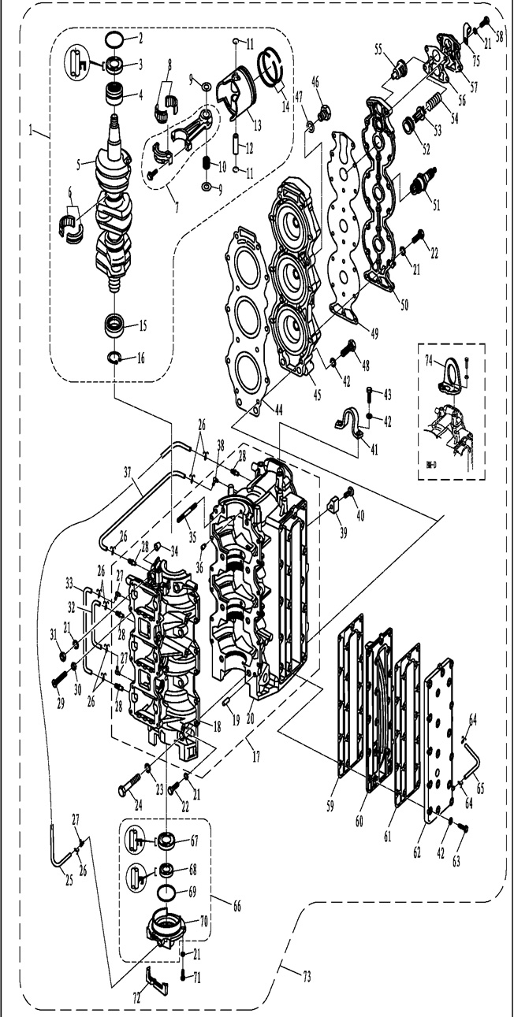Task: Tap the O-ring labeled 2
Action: pyautogui.click(x=114, y=39)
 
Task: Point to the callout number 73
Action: pyautogui.click(x=307, y=978)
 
